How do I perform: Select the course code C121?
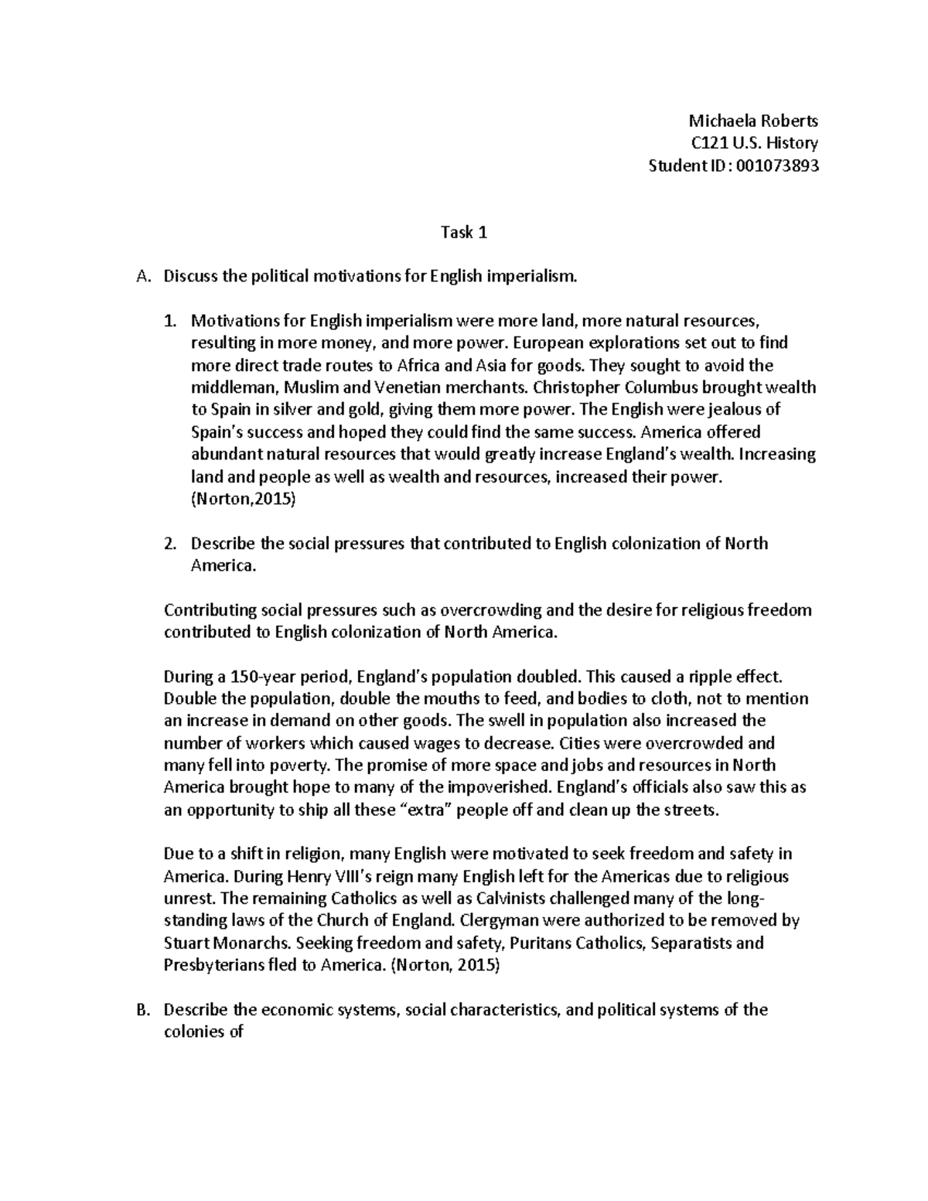click(x=706, y=143)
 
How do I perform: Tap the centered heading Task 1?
click(x=463, y=232)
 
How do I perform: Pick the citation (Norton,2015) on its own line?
click(x=243, y=499)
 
